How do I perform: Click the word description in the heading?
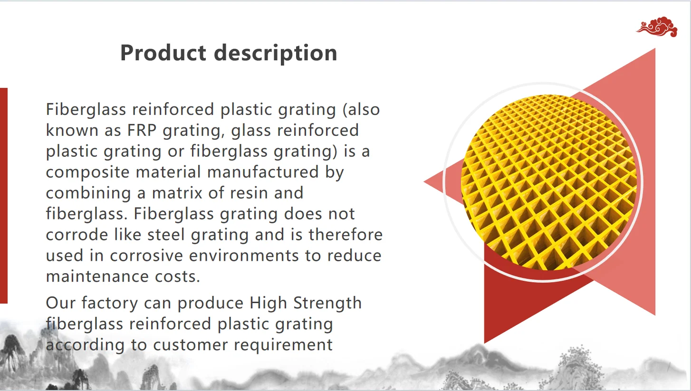tap(276, 53)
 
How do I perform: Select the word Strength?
tap(327, 303)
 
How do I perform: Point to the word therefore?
tap(345, 235)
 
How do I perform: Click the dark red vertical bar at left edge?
tap(3, 195)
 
